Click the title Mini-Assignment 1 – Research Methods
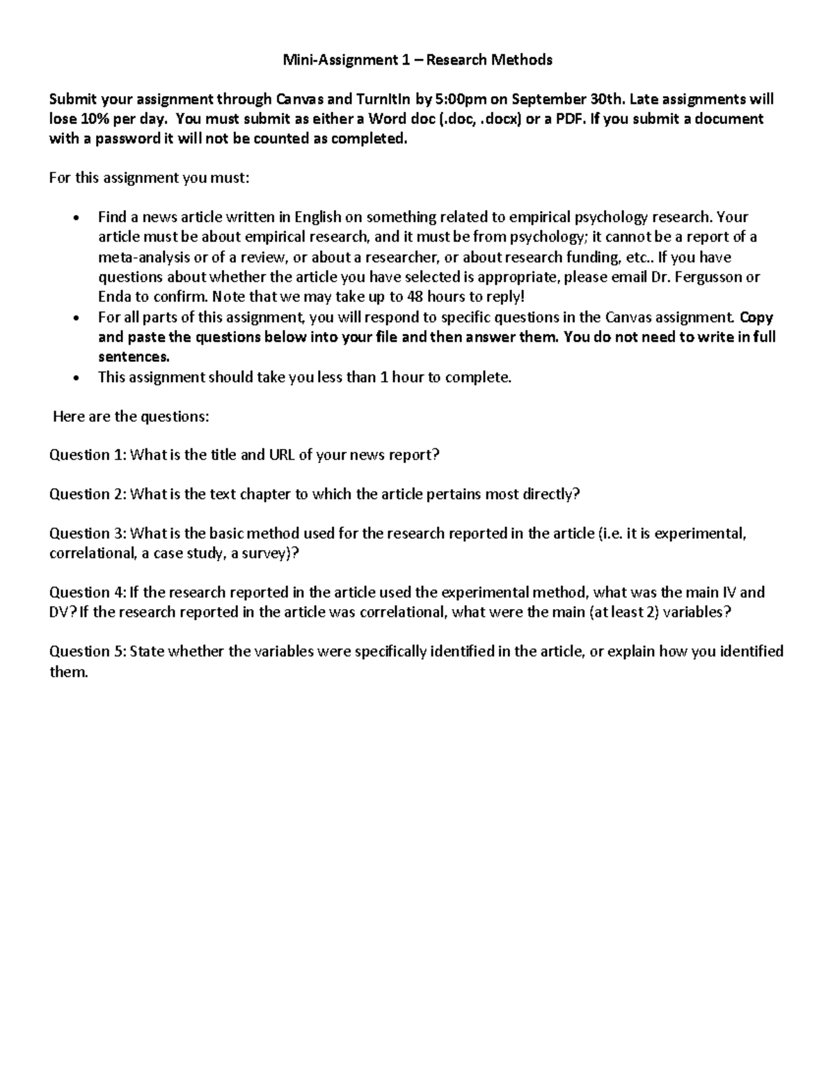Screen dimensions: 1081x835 [417, 60]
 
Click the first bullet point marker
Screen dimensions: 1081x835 [76, 218]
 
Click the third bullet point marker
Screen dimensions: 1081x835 [76, 378]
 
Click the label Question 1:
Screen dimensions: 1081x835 [88, 455]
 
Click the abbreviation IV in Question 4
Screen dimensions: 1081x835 [727, 592]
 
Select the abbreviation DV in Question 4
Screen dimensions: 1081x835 [59, 613]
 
